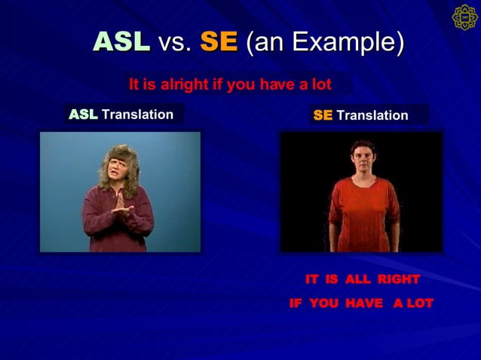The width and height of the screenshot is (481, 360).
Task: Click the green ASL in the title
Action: click(122, 41)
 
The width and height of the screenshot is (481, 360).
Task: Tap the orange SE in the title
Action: click(219, 41)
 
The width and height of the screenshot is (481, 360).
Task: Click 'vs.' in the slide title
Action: click(175, 43)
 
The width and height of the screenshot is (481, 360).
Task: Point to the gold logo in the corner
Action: click(465, 17)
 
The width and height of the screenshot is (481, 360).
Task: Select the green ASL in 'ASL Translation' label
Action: click(83, 114)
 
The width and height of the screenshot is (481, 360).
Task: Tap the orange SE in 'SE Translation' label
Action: click(323, 115)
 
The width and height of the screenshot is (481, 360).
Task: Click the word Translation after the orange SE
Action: click(372, 115)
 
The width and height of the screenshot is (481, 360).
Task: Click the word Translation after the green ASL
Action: click(138, 114)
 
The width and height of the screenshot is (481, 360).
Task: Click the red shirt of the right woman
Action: click(364, 214)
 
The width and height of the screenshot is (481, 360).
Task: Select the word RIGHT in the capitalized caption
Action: click(399, 279)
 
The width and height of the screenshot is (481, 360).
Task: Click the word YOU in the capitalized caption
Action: click(323, 303)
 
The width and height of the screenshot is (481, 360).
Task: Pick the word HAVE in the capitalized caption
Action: click(364, 303)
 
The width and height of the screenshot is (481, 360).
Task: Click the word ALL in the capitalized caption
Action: click(357, 279)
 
